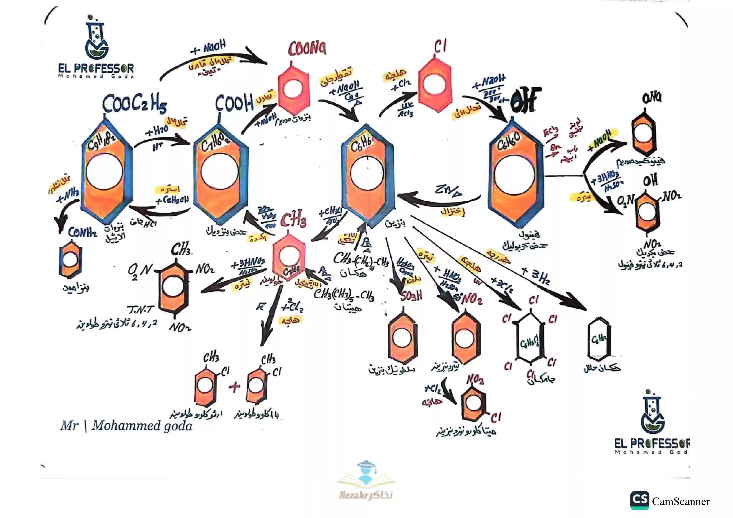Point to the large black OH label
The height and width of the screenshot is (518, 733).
point(526,100)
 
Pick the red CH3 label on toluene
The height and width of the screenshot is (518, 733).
point(293,220)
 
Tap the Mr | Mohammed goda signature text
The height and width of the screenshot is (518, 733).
point(126,426)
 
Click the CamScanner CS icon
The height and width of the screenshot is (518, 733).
point(639,500)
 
